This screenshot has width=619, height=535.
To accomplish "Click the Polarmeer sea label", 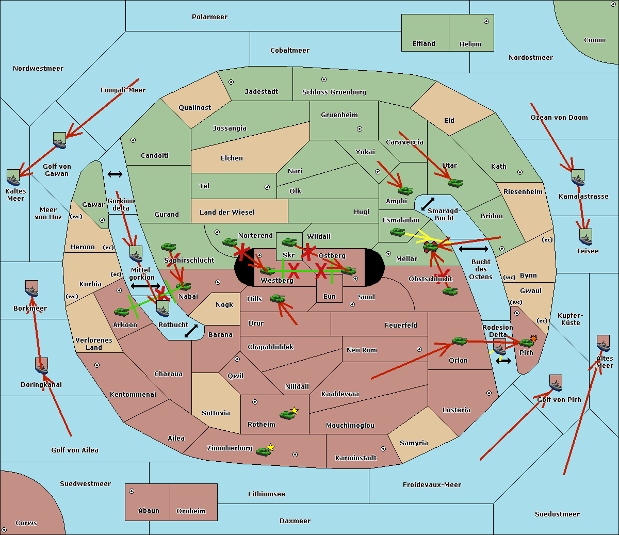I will point(209,17).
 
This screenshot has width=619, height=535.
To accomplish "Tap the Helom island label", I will point(470,44).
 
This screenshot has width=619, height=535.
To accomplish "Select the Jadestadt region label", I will point(261,92).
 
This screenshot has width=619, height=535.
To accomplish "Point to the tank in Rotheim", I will point(287,414).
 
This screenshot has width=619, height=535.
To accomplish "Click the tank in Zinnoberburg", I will point(264,451).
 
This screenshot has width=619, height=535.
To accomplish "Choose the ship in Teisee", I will point(585,237).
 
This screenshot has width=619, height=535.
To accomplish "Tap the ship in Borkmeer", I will point(31,289).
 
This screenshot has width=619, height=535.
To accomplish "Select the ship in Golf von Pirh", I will point(556,383).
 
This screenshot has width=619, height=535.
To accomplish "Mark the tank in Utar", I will point(455,183).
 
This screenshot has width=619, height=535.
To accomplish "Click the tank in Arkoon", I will point(122,312).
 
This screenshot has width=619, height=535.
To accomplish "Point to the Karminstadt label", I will point(356,458).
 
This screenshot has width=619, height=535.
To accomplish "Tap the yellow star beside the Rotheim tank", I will point(295,411).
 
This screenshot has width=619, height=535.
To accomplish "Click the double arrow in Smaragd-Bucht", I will point(428,204).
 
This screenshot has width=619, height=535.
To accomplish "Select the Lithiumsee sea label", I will point(266,494).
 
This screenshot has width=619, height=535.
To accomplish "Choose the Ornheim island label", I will point(191,511).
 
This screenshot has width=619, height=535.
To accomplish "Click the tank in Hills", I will point(278,298).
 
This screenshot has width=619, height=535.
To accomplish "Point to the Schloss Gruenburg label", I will point(334,92).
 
